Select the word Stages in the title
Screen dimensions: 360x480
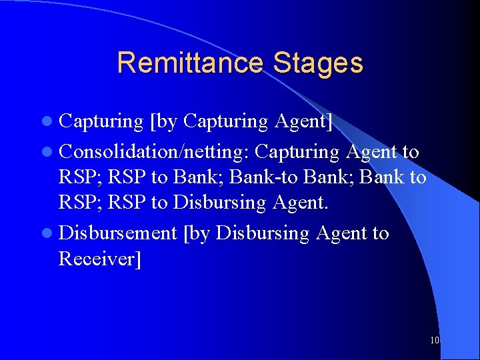click(317, 63)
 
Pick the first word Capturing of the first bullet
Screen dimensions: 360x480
click(101, 122)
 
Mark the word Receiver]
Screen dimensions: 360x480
click(100, 259)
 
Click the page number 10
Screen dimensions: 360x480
click(435, 340)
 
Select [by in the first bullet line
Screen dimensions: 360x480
click(164, 122)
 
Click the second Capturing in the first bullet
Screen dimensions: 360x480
click(225, 122)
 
